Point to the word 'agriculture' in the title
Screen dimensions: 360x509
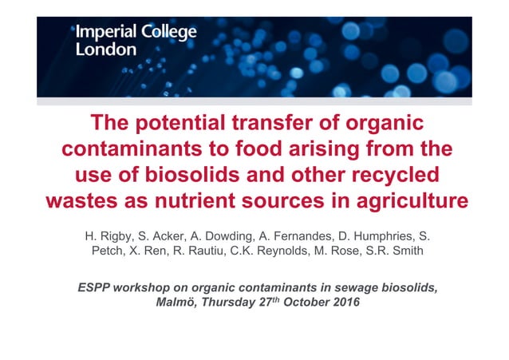pyautogui.click(x=405, y=200)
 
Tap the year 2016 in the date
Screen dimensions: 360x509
pyautogui.click(x=344, y=303)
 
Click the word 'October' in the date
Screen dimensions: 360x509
pyautogui.click(x=301, y=303)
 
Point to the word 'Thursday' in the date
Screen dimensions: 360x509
pyautogui.click(x=226, y=303)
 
